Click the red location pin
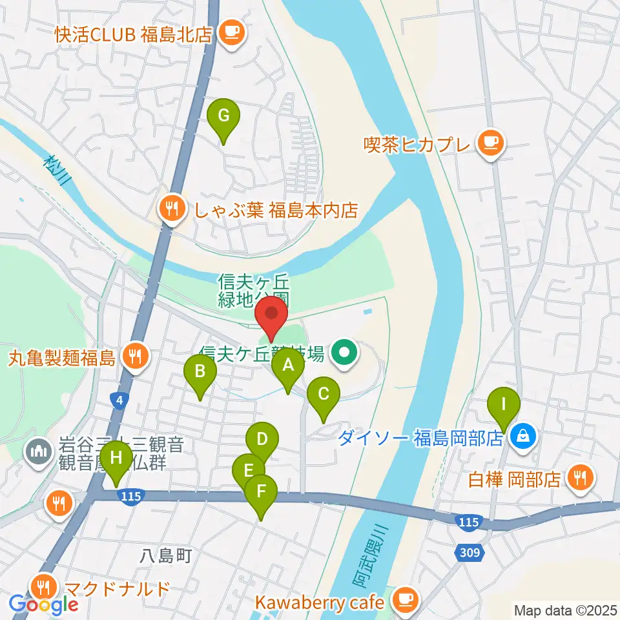pos(272,315)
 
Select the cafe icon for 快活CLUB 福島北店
pos(231,32)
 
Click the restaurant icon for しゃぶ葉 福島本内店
pos(171,209)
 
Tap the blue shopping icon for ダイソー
pos(521,438)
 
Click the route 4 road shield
pos(120,401)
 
